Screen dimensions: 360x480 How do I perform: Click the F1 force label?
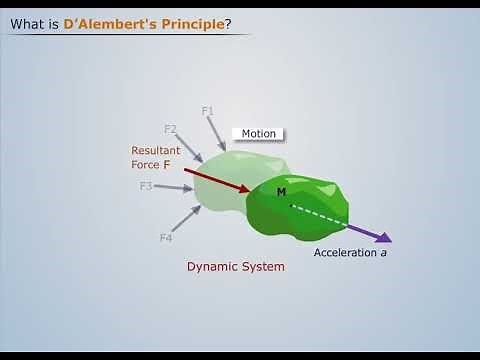(x=208, y=110)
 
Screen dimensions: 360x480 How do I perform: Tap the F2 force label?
(x=170, y=128)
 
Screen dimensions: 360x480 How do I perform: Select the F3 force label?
(x=146, y=186)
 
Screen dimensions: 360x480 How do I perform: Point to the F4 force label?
(x=166, y=237)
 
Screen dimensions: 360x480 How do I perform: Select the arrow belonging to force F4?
(x=186, y=218)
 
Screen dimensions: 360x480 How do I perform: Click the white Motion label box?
(x=258, y=134)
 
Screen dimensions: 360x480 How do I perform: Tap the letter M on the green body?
(x=281, y=191)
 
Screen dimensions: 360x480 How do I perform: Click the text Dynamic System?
(x=236, y=267)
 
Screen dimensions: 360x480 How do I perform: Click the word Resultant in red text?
(x=156, y=151)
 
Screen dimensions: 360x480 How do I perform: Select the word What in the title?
(x=27, y=23)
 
